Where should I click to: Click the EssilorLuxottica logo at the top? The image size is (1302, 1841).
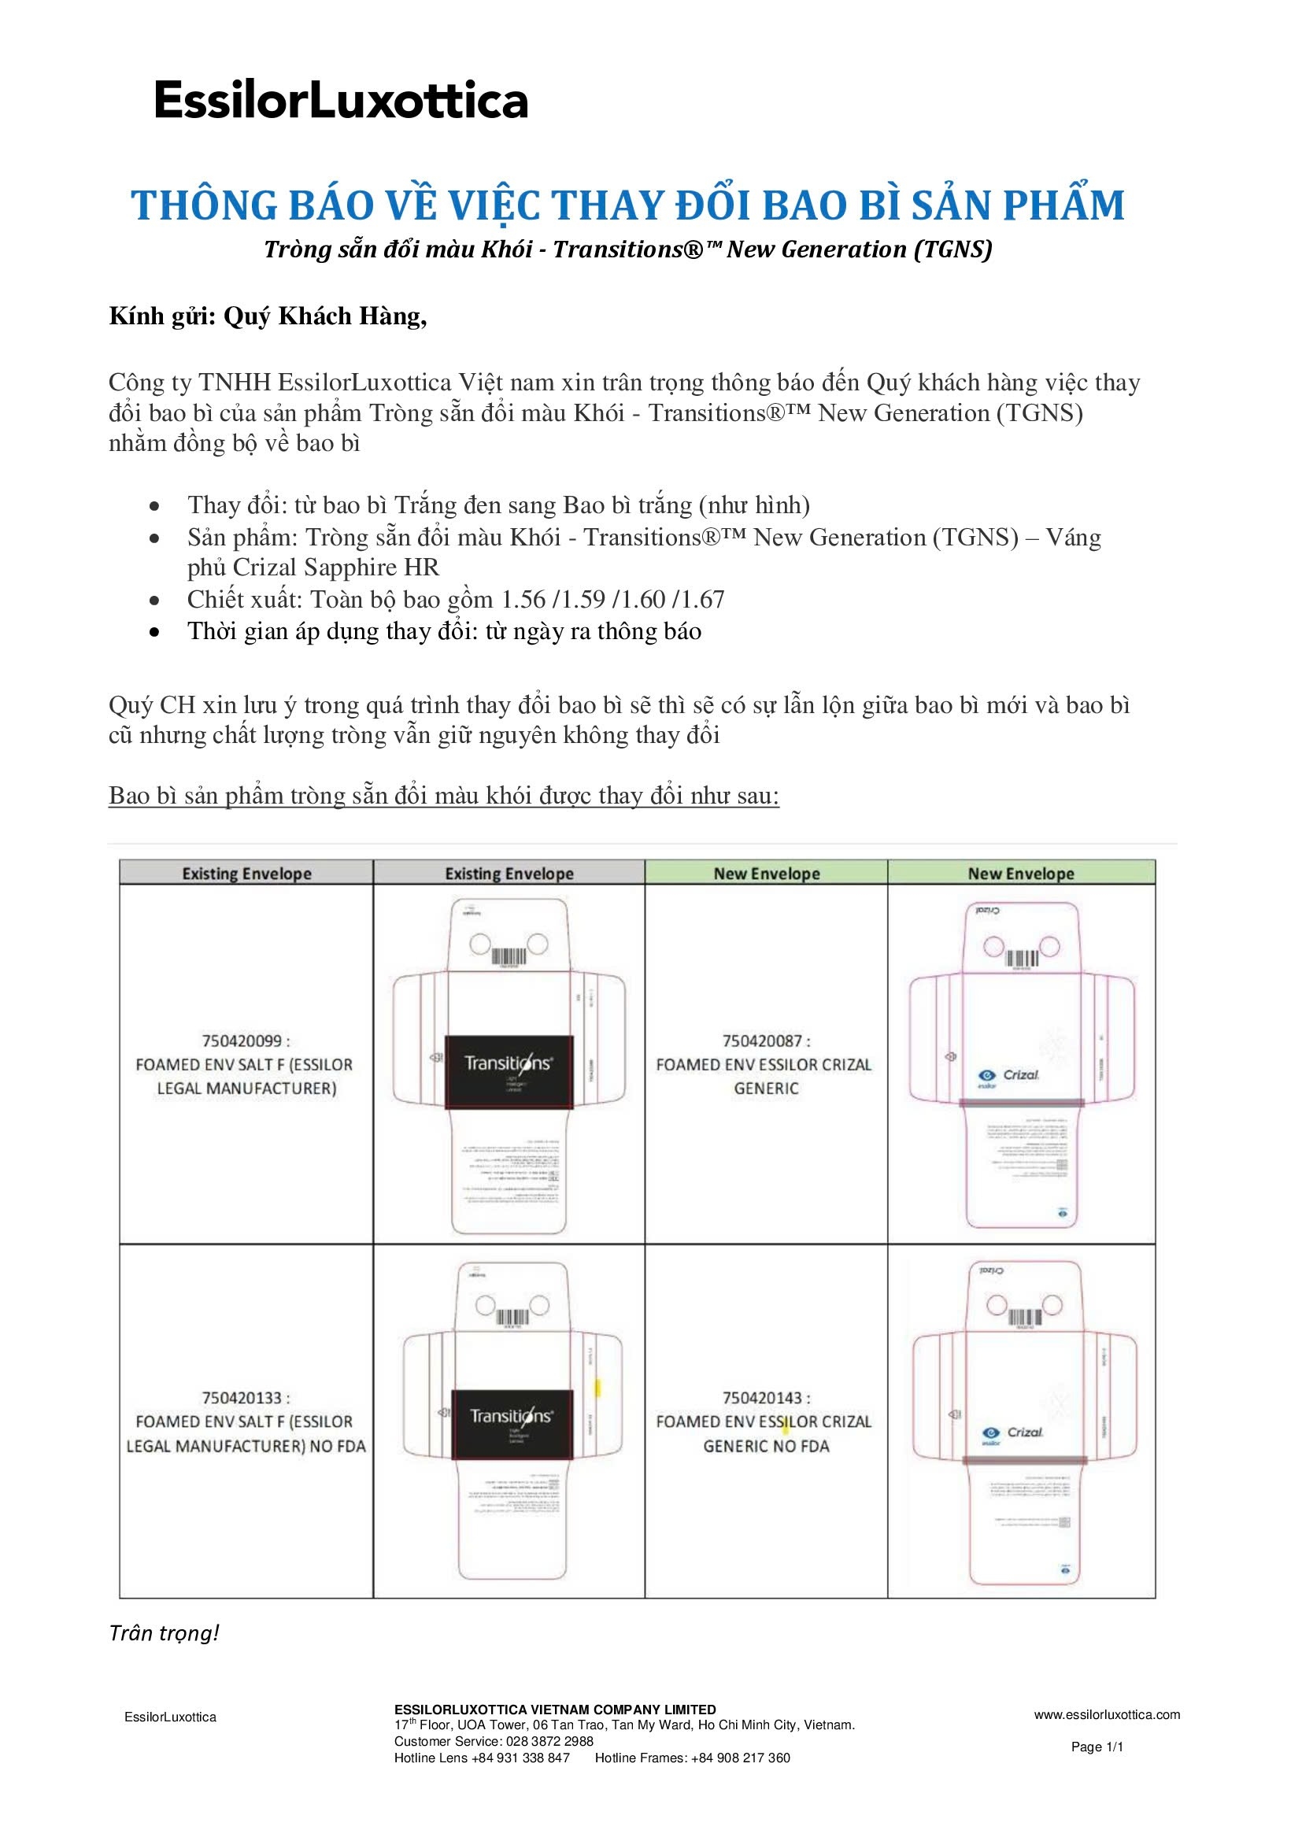pos(341,101)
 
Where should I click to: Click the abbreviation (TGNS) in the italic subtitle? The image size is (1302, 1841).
pos(953,250)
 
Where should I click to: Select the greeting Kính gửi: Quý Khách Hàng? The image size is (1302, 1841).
pos(268,316)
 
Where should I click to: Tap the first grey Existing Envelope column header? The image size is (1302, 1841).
pos(246,873)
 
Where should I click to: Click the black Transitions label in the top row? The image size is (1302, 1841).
pos(509,1071)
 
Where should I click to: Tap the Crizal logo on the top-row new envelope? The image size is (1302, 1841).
pos(1011,1075)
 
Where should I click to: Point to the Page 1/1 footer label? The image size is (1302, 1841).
pos(1097,1747)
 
